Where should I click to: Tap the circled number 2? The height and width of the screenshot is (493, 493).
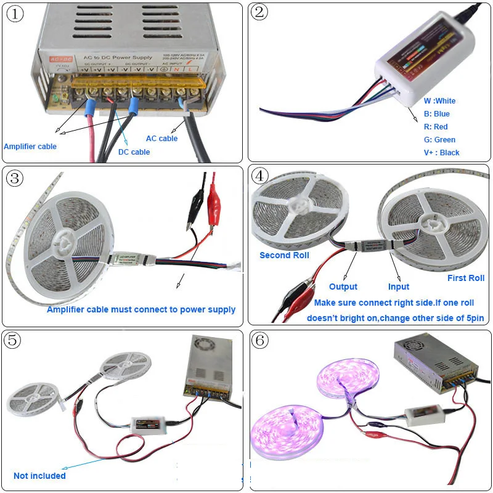point(260,12)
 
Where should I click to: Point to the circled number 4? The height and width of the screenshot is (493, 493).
point(261,176)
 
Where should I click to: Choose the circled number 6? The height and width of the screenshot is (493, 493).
point(261,340)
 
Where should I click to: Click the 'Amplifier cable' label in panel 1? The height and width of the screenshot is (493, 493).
point(30,146)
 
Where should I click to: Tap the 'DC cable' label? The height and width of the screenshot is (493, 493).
point(134,152)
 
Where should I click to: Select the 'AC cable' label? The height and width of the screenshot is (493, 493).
point(161,139)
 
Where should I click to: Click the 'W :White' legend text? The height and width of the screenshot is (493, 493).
point(439,100)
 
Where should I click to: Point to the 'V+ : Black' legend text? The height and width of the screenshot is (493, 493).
point(441,152)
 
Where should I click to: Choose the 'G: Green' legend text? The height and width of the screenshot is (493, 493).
point(439,139)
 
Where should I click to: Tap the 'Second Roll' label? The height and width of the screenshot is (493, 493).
point(284,255)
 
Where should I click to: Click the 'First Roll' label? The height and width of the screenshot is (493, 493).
point(466,278)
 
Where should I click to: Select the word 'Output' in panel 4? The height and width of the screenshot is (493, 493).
point(343,287)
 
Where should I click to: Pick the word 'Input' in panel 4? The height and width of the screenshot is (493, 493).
point(399,287)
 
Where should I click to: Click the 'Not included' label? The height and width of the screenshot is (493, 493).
point(39,476)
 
